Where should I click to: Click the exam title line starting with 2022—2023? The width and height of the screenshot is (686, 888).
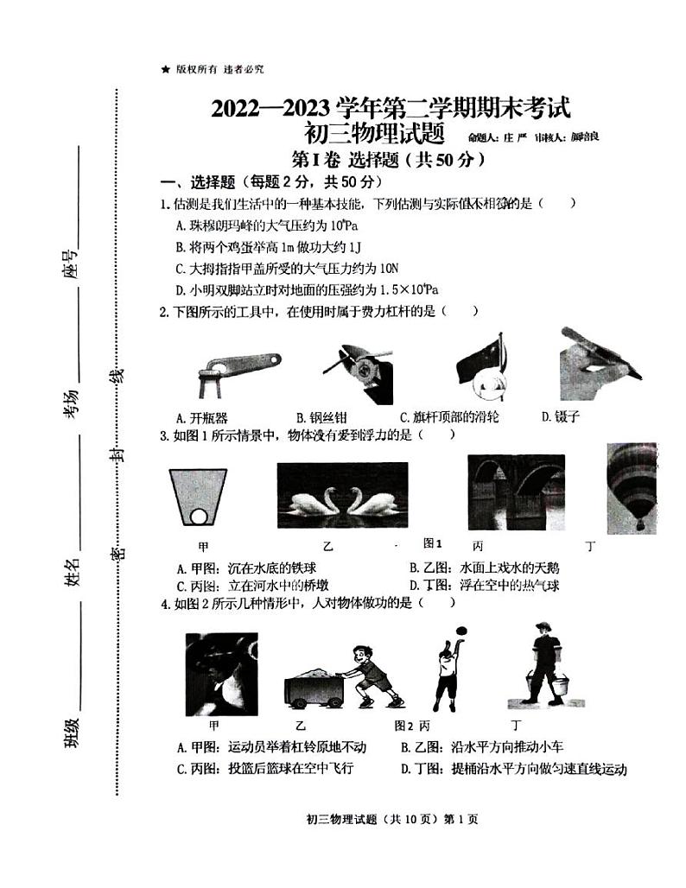tap(391, 110)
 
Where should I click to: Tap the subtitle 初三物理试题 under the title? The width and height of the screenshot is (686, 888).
tap(373, 134)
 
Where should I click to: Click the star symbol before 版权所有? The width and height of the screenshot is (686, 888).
tap(164, 69)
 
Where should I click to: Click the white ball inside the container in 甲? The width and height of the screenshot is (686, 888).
tap(200, 517)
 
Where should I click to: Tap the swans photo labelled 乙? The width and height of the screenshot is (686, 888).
tap(342, 499)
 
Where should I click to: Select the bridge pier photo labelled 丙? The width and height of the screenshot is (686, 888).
tap(516, 492)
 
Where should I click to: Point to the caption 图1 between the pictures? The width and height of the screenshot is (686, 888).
tap(433, 543)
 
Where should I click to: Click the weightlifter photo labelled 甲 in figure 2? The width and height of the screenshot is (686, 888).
tap(221, 675)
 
